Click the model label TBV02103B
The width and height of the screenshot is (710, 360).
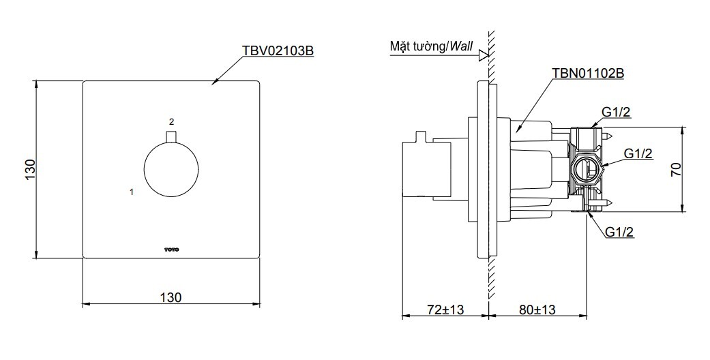click(278, 50)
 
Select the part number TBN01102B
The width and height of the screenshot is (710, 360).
click(588, 73)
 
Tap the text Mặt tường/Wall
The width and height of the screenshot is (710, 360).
click(431, 46)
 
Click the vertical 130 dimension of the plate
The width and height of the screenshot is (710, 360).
click(29, 169)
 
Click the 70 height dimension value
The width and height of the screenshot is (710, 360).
click(675, 169)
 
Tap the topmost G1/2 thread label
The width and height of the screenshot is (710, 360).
click(617, 112)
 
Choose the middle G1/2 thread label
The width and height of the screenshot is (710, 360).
click(637, 154)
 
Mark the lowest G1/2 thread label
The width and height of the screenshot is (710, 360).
click(619, 232)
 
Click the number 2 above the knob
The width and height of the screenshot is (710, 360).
click(172, 121)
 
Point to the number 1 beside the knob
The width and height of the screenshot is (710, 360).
click(131, 192)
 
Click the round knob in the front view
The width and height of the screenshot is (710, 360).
click(171, 170)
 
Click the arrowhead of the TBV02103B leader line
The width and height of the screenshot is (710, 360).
click(214, 82)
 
